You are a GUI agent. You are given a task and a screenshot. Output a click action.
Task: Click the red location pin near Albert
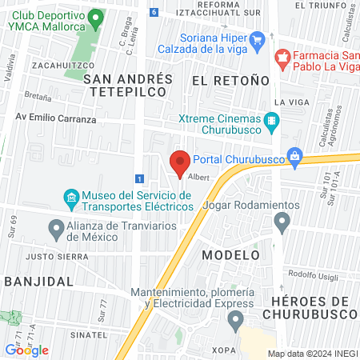point(180,162)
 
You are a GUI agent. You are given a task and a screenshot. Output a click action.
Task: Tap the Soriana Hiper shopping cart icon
point(257,39)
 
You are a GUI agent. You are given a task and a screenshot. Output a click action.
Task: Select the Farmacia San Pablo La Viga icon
point(281,58)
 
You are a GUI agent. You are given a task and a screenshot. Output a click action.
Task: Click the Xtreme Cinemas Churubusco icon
point(273,122)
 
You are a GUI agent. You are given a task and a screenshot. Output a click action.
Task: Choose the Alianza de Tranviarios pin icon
point(56,230)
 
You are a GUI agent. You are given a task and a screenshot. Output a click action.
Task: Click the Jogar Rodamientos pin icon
point(281,225)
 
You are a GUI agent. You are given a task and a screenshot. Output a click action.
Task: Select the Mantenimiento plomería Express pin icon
point(234,321)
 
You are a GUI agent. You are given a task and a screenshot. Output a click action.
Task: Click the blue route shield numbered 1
point(140,178)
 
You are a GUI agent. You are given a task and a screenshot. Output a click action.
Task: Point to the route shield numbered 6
point(154,12)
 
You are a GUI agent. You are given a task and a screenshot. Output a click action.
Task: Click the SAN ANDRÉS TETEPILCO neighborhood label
point(128,85)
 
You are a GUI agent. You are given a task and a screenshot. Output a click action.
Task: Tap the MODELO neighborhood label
point(230,254)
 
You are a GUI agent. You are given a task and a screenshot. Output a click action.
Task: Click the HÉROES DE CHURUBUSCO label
point(314,307)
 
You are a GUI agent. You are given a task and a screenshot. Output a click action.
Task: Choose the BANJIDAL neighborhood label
point(39,282)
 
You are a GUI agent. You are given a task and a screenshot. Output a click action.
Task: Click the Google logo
point(27,350)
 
